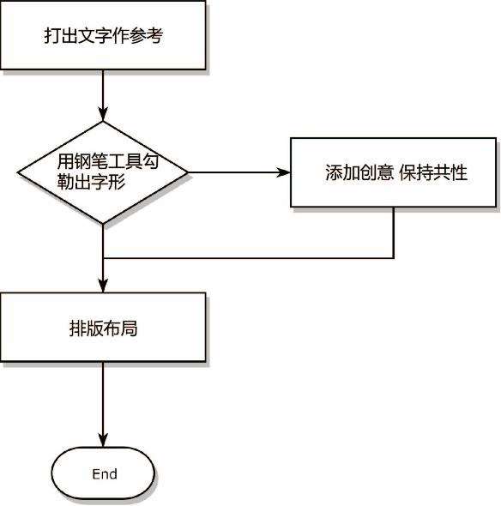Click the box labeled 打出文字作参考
[103, 34]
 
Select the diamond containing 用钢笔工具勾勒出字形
[103, 172]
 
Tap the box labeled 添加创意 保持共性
[393, 172]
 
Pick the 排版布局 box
[103, 327]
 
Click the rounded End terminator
[103, 473]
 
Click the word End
[105, 474]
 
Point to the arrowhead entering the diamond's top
[103, 115]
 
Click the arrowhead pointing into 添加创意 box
[283, 172]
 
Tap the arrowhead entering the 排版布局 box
[103, 286]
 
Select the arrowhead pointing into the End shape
[103, 441]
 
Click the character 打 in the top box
[52, 35]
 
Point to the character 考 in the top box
[154, 35]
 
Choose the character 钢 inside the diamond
[82, 161]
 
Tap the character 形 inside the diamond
[117, 182]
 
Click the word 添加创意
[359, 172]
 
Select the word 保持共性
[433, 172]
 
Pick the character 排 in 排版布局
[77, 328]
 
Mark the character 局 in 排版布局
[129, 328]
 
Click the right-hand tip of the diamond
[188, 172]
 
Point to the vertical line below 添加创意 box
[394, 232]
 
